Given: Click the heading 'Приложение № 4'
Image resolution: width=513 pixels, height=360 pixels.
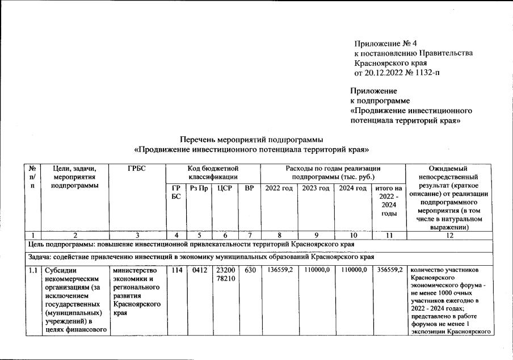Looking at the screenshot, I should tap(385, 43).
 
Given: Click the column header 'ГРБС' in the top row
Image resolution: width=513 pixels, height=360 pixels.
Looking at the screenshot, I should tap(136, 168).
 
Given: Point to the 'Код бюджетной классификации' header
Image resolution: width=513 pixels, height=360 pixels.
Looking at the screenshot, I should tap(212, 173).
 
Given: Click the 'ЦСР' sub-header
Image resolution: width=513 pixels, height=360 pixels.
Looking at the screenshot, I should tap(224, 188).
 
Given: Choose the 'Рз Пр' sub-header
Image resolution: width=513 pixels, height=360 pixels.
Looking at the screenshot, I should tap(199, 188).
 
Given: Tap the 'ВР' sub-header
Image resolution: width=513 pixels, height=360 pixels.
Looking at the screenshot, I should tap(249, 188).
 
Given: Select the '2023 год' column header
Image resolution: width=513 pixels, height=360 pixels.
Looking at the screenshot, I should tap(316, 188).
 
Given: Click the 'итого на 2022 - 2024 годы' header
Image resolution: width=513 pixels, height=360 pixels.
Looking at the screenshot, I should tap(389, 200).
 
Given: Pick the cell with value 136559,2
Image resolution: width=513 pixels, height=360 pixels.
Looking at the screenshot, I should tap(279, 270).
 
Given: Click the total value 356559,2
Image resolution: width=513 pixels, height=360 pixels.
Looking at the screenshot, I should tap(389, 270).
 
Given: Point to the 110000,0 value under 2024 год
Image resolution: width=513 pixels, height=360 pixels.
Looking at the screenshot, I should tap(354, 270).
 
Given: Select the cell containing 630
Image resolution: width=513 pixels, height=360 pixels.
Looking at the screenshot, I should tap(249, 270).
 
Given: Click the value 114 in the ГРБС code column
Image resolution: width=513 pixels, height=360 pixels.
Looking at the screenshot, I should tap(175, 270).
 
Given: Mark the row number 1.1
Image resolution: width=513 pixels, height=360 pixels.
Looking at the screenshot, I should tap(33, 270).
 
